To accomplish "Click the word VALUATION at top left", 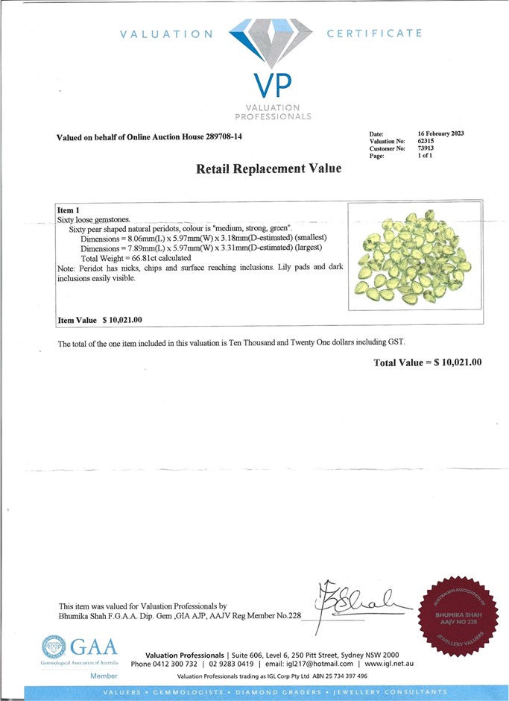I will coord(166,34).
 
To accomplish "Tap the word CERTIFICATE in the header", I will coord(374,33).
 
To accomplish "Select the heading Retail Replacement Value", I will coord(268,169).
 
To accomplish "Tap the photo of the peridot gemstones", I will coord(414,256).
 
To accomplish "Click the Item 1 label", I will coord(68,211).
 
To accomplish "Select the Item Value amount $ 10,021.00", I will coord(121,320).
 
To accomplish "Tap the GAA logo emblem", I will coord(54,647).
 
